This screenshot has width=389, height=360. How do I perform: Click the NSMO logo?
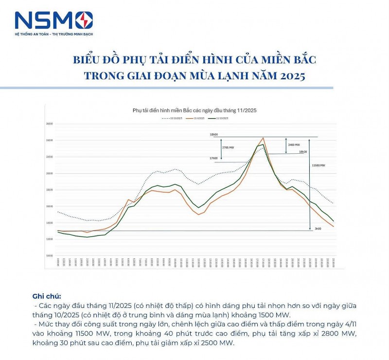click(x=53, y=20)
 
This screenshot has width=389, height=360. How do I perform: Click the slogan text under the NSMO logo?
click(x=53, y=34)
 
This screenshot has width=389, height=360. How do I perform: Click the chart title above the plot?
click(x=194, y=110)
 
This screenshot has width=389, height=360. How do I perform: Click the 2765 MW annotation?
click(x=228, y=147)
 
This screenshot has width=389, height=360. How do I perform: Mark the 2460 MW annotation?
click(x=294, y=145)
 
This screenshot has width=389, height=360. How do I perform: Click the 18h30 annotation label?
click(x=303, y=152)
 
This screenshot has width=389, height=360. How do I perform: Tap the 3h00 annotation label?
click(x=318, y=228)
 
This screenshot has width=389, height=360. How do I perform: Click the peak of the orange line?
click(x=263, y=138)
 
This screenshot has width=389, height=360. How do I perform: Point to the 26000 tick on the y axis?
click(x=49, y=124)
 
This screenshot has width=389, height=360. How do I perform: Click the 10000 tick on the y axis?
click(x=49, y=255)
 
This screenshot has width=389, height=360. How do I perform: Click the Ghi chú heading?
click(x=47, y=296)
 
